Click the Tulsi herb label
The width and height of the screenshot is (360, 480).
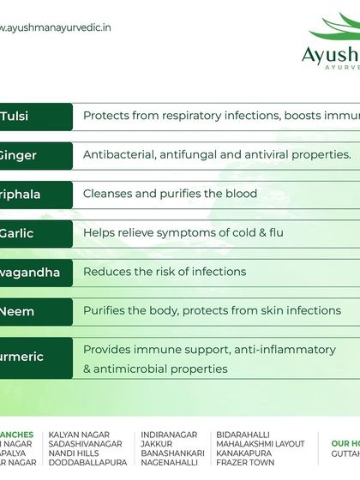[x=15, y=117]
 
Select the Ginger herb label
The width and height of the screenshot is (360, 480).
[x=18, y=155]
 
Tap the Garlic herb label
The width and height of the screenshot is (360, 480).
[x=17, y=233]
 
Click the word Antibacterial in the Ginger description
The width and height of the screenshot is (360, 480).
[x=117, y=155]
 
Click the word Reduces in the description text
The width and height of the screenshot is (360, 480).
[x=105, y=272]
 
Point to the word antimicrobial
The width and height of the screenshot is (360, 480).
[x=141, y=369]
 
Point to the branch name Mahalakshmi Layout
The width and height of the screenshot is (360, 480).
[x=261, y=444]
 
